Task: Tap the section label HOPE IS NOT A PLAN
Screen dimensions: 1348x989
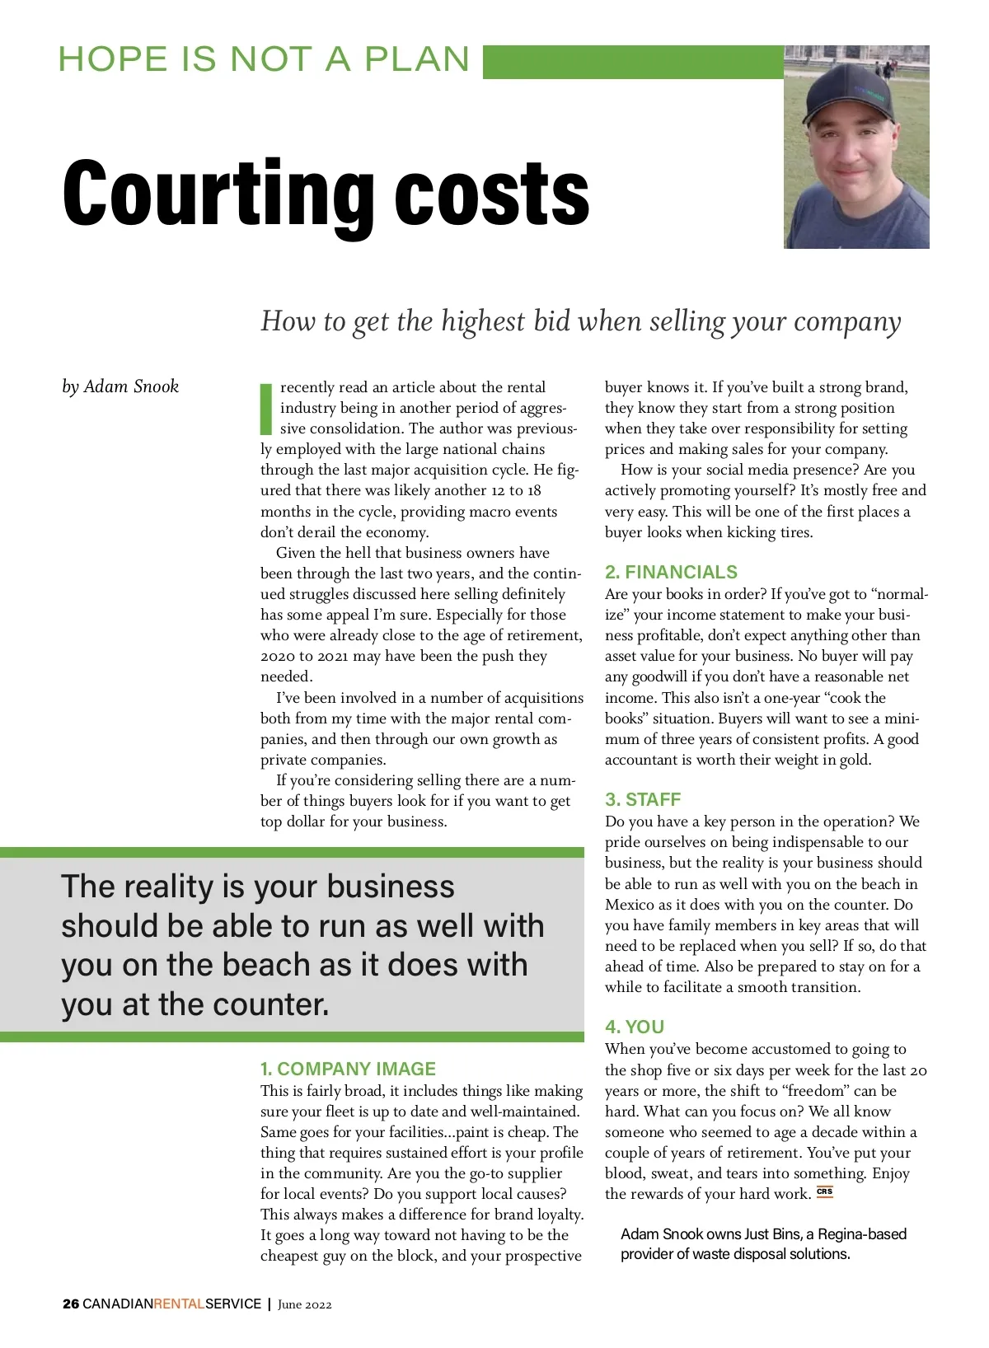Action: (x=264, y=59)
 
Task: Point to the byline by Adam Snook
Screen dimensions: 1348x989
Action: (x=120, y=386)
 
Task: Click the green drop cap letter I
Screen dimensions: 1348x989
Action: (x=266, y=408)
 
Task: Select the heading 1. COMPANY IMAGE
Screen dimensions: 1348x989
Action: (x=348, y=1069)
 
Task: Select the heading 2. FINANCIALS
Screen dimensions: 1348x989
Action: (x=671, y=572)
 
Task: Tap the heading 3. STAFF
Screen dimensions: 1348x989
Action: (x=643, y=799)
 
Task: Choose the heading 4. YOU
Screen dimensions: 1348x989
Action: (x=635, y=1027)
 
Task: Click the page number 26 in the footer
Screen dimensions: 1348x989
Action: (x=71, y=1304)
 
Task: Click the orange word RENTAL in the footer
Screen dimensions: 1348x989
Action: (x=179, y=1304)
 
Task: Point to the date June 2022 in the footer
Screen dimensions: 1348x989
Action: (x=305, y=1304)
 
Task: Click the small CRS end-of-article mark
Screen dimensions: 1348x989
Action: (x=825, y=1191)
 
